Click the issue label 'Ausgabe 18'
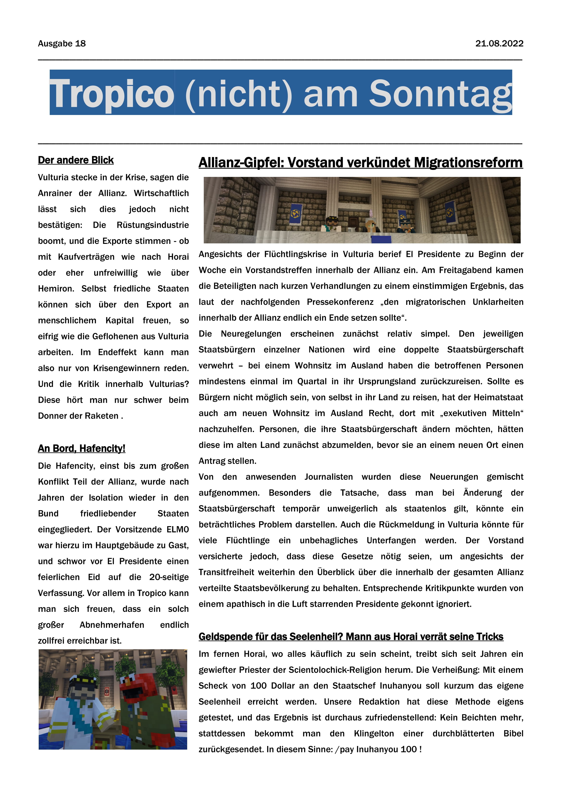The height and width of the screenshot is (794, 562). click(x=62, y=44)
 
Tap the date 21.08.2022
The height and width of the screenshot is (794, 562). click(x=499, y=44)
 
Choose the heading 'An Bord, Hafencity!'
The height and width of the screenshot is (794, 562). click(x=81, y=449)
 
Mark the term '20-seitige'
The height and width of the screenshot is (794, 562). click(x=169, y=577)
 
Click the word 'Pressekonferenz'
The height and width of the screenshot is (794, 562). click(x=340, y=302)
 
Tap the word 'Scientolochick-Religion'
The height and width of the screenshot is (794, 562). click(x=350, y=670)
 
